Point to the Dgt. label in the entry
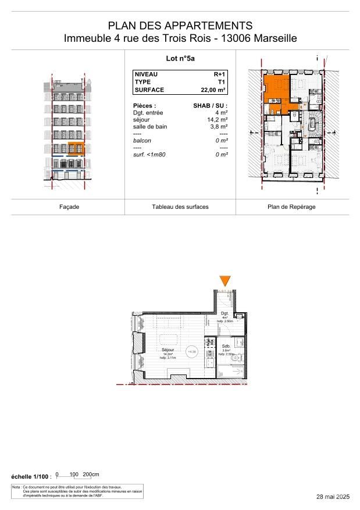point(225,313)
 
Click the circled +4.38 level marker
point(192,351)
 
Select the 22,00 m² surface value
point(213,90)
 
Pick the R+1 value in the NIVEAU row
point(220,75)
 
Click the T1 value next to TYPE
point(222,83)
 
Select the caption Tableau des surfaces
point(180,207)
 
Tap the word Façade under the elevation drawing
point(69,207)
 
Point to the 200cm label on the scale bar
point(91,474)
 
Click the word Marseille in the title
point(272,38)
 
